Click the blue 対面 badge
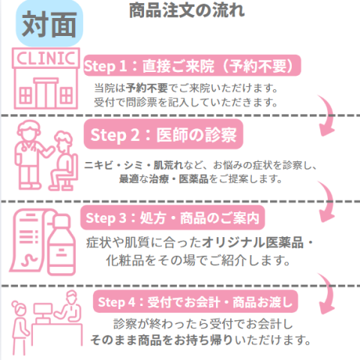pos(49,25)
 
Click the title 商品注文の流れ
pos(187,11)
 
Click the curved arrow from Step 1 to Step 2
pos(328,116)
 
